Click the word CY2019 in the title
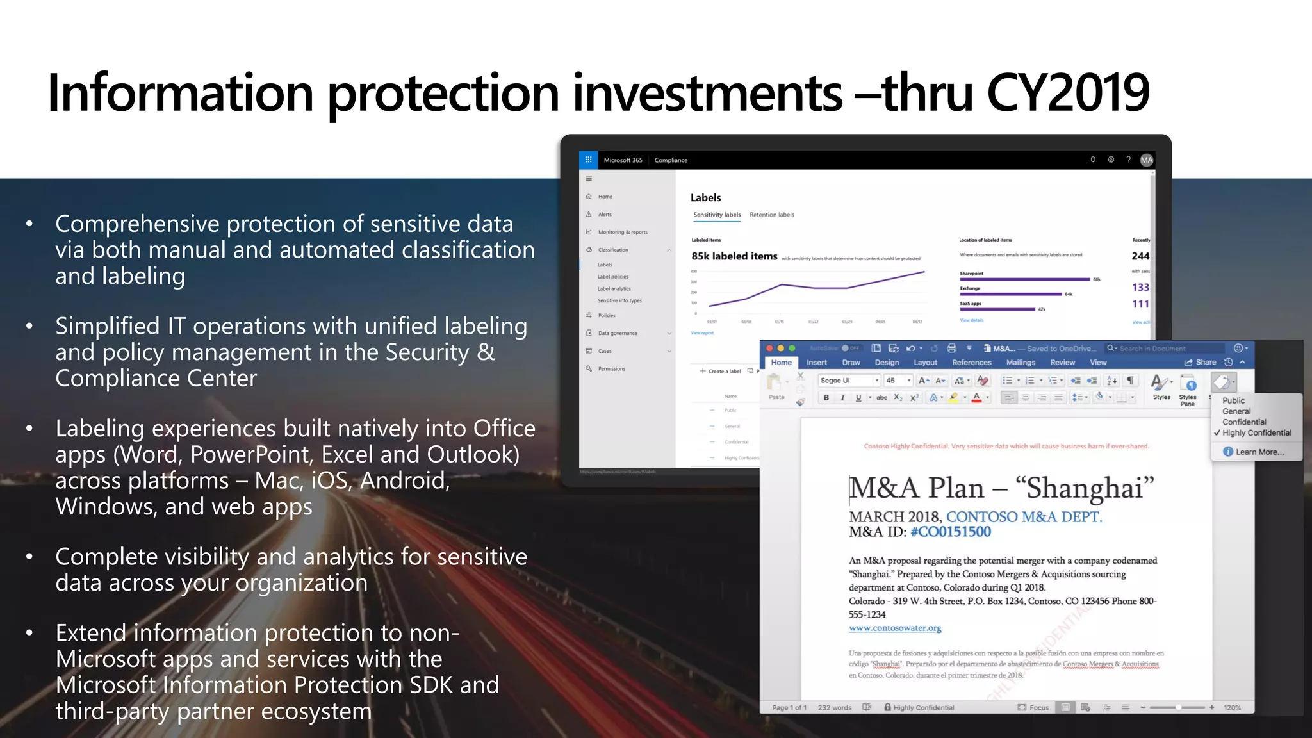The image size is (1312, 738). coord(1068,94)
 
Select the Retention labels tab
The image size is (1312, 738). coord(771,215)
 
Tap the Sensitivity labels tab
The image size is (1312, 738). coord(717,215)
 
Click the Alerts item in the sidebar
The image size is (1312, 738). coord(605,215)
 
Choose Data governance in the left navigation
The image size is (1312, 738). coord(618,333)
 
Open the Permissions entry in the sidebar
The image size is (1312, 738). coord(611,369)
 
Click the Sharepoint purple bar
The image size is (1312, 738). coord(1024,279)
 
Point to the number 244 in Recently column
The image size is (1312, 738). coord(1140,256)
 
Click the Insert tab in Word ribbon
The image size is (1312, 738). coord(816,363)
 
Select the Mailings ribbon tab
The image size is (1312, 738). coord(1021,363)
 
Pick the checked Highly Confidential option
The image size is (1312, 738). coord(1256,433)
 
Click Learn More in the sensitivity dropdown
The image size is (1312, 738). coord(1259,452)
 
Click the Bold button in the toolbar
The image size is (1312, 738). coord(826,398)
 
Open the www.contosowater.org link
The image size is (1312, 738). coord(895,628)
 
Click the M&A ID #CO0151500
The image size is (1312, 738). coord(950,532)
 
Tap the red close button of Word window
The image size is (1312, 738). coord(769,348)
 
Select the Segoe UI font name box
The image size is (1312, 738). coord(847,381)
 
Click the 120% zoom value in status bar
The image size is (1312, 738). coord(1231,708)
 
